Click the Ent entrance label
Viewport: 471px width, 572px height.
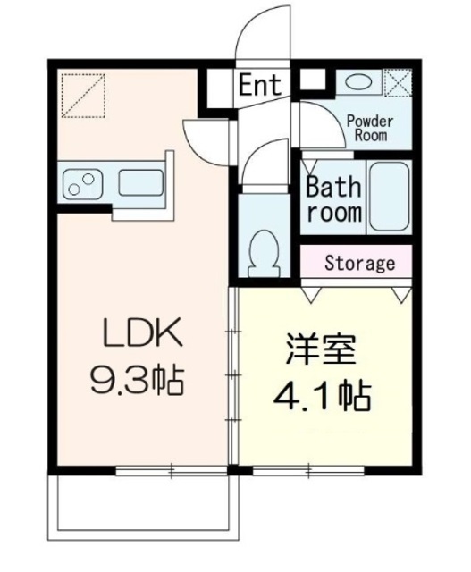[x=260, y=85]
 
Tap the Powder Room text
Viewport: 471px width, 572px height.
[x=370, y=128]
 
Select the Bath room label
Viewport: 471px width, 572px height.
[x=334, y=199]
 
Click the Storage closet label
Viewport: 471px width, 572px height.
[x=359, y=263]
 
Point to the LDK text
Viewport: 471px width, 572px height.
[x=143, y=332]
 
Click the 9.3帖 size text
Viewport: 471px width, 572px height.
[x=137, y=379]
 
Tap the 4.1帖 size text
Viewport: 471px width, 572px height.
[x=322, y=396]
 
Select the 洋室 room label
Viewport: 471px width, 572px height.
[x=321, y=349]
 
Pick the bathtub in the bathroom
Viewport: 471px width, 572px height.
[x=389, y=197]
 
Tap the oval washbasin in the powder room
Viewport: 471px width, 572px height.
[x=358, y=82]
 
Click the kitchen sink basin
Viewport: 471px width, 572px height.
[x=141, y=182]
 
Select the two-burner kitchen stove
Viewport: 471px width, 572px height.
[x=82, y=184]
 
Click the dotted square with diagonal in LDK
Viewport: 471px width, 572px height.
[x=83, y=96]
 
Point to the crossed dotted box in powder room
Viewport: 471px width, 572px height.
[x=398, y=83]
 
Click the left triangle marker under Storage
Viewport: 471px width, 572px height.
[x=312, y=294]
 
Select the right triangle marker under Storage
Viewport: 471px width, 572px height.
[x=402, y=295]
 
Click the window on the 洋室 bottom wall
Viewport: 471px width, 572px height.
[x=308, y=470]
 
